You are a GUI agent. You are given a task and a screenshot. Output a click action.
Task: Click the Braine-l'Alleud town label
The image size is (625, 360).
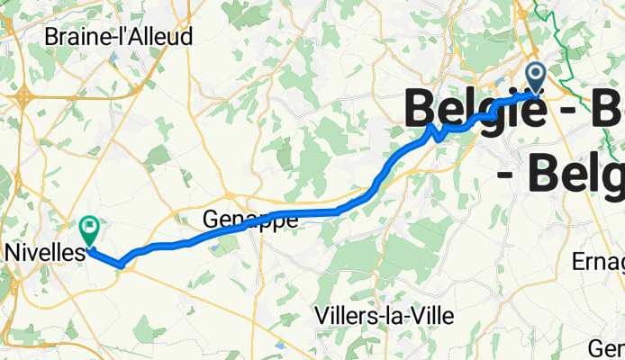pyautogui.click(x=118, y=38)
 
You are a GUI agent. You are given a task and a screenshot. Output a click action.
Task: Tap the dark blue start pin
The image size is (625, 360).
pyautogui.click(x=536, y=77)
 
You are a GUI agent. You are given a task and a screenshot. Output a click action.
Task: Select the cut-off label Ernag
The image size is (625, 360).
pyautogui.click(x=598, y=262)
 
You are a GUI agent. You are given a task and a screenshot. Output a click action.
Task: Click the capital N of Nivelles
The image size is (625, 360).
pyautogui.click(x=11, y=253)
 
